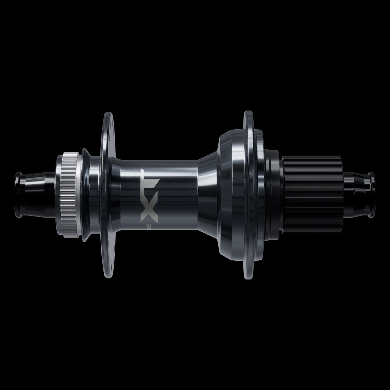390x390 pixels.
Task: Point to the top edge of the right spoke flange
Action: point(248,112)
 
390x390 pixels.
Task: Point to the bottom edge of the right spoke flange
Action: point(248,278)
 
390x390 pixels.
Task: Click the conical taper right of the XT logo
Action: point(208,195)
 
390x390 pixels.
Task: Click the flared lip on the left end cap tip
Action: point(17,195)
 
